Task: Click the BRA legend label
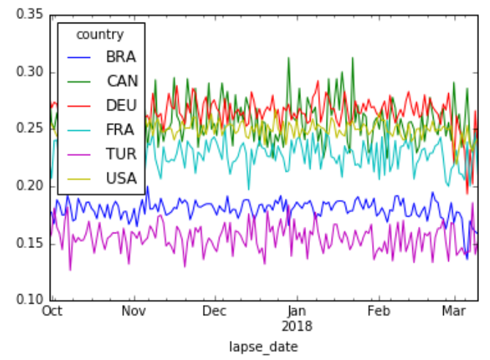click(120, 56)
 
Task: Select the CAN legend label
click(121, 80)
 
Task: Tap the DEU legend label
click(121, 105)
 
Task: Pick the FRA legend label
click(121, 130)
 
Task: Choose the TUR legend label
click(121, 154)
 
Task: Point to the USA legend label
click(121, 179)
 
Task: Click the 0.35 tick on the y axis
click(27, 15)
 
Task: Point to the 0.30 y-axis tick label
click(27, 72)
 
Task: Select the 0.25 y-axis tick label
click(27, 130)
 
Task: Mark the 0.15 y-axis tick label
click(27, 243)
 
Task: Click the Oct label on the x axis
click(51, 310)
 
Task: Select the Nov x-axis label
click(133, 310)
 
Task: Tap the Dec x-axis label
click(215, 310)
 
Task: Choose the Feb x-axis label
click(379, 310)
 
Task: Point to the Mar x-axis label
click(454, 310)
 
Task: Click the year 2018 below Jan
click(297, 323)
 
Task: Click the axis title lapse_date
click(264, 345)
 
